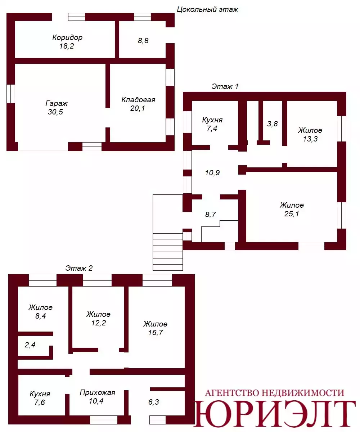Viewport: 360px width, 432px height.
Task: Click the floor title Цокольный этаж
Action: click(207, 9)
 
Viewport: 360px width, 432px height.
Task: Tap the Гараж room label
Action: click(57, 103)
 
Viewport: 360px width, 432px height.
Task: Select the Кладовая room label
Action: click(138, 100)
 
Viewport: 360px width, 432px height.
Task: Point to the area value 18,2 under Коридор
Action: click(66, 46)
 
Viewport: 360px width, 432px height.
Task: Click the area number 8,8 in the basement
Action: click(143, 41)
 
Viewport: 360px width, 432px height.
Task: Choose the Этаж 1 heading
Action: click(225, 86)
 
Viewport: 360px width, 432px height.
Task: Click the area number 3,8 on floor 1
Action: click(272, 124)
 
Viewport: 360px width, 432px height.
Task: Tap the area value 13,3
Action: click(310, 139)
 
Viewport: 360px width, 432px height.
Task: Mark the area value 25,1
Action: click(292, 213)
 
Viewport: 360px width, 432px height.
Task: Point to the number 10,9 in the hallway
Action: click(212, 172)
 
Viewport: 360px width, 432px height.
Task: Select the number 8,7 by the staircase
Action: click(210, 214)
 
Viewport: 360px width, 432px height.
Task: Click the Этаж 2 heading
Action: click(79, 268)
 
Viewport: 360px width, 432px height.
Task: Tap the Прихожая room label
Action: click(98, 392)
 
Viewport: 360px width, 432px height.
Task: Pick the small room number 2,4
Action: click(30, 345)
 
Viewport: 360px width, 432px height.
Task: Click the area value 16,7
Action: click(156, 333)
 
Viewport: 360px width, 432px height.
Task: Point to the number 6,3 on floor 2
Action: click(153, 402)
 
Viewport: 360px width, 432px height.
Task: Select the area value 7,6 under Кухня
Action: click(40, 402)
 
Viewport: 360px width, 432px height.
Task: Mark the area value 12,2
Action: click(99, 323)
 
